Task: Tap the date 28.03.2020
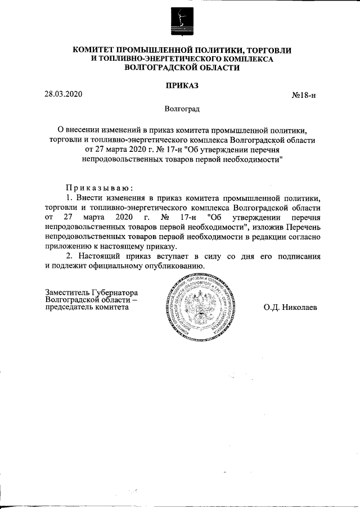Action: [64, 94]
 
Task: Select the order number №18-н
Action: [304, 95]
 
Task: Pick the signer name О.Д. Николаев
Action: [290, 308]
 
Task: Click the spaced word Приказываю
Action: [99, 187]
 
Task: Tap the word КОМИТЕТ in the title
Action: [95, 51]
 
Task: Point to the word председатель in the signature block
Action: [68, 307]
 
